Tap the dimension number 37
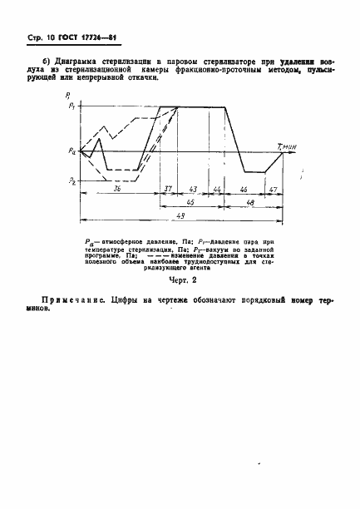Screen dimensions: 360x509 (x=168, y=189)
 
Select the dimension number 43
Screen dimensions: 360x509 (x=193, y=189)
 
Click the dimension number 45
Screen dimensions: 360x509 (x=190, y=201)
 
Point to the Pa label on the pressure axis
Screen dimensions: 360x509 (x=73, y=151)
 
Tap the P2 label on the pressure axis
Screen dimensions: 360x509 (x=73, y=180)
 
